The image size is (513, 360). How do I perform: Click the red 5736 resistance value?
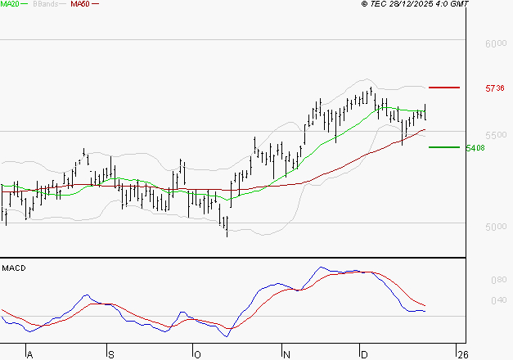coord(494,88)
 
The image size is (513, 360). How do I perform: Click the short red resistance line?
coord(444,87)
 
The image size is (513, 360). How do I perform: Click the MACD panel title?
coord(14,268)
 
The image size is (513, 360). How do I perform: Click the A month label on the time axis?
coord(30,354)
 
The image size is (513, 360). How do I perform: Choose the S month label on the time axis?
coord(111,354)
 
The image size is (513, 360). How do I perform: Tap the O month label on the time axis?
coord(196,354)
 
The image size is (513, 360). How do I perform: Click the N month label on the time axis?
coord(286,354)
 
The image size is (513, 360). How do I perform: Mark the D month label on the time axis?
coord(365,354)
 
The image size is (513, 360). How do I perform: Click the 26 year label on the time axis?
coord(463,354)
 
